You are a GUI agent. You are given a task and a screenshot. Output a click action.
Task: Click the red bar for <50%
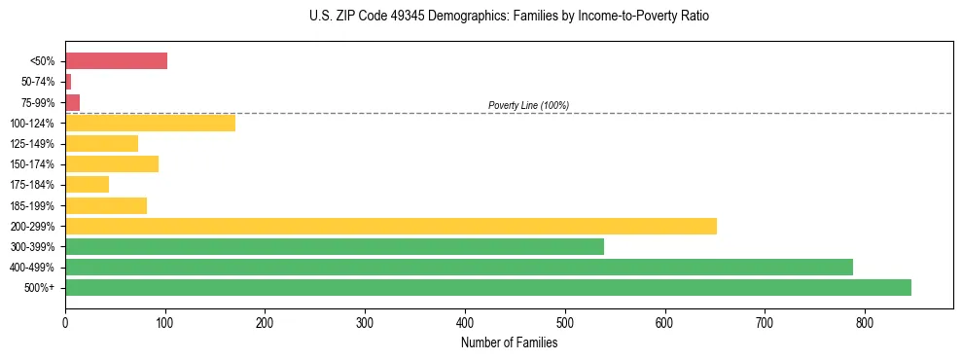pos(116,61)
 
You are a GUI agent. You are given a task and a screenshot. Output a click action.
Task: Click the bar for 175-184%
pos(87,184)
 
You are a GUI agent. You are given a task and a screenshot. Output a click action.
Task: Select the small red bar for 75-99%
pos(72,102)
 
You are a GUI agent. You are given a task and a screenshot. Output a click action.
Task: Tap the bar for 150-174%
pos(112,163)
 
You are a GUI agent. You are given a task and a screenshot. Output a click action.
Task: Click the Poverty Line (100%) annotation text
pos(528,105)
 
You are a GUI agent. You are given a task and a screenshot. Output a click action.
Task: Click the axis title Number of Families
pos(509,342)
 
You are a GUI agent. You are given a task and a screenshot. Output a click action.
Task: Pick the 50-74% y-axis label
pos(39,82)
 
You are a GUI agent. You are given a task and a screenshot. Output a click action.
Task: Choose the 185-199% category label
pos(35,205)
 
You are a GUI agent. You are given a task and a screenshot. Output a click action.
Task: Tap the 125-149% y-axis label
pos(35,144)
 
